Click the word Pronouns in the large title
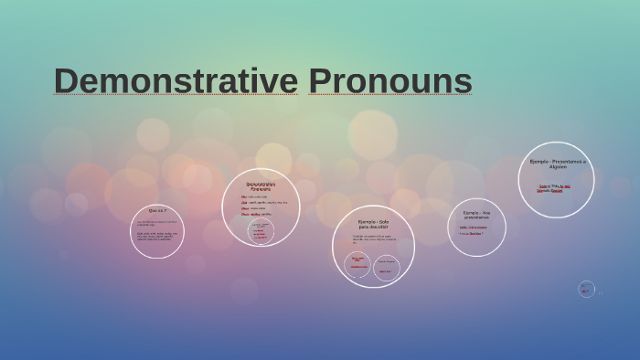coord(389,80)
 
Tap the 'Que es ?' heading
coord(157,210)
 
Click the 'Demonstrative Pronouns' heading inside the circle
coord(261,186)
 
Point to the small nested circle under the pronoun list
coord(261,230)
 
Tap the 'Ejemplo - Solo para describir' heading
coord(373,224)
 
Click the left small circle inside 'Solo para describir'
coord(357,264)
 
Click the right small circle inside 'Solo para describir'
coord(387,268)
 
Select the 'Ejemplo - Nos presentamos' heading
coord(476,215)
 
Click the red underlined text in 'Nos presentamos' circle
coord(470,233)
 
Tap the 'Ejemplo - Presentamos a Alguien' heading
coord(557,164)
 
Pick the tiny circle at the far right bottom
coord(586,289)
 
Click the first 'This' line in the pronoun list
coord(254,196)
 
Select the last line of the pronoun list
coord(256,214)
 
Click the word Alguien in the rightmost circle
coord(557,167)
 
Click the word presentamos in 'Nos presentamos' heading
coord(476,217)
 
